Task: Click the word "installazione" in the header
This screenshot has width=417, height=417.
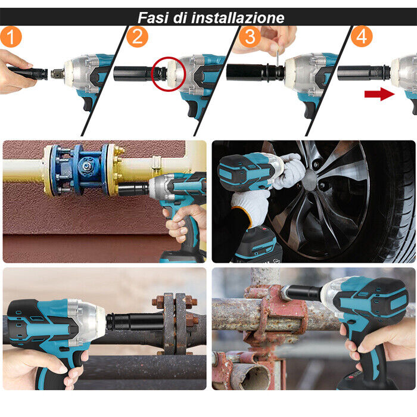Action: click(x=238, y=17)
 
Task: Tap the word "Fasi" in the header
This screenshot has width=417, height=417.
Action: click(x=153, y=17)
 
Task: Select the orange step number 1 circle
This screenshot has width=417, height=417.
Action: click(x=11, y=37)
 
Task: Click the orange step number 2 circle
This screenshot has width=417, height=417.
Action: click(x=137, y=36)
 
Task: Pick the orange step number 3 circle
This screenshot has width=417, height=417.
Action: click(x=250, y=36)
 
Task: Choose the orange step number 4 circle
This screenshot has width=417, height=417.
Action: click(x=362, y=36)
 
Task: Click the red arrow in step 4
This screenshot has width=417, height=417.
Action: click(x=379, y=94)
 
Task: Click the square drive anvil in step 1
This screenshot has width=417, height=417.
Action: click(x=57, y=73)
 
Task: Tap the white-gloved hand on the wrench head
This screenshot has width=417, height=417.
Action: click(x=288, y=170)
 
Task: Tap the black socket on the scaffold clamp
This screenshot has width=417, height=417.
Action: click(x=302, y=293)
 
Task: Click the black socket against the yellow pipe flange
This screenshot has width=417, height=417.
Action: click(x=133, y=190)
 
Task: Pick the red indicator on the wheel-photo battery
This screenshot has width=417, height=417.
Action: click(x=264, y=228)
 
